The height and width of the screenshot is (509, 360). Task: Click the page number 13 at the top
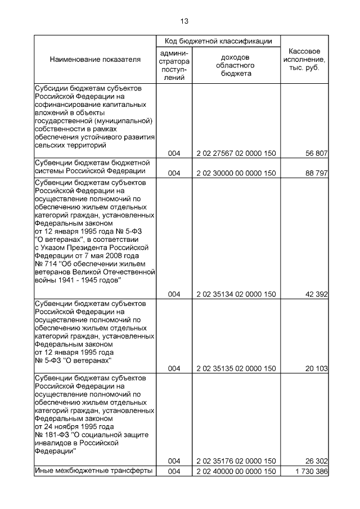[184, 21]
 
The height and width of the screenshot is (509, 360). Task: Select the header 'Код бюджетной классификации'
[218, 41]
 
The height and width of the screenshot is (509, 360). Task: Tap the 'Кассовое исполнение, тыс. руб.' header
[304, 59]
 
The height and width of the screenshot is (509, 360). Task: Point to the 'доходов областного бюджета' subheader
[236, 65]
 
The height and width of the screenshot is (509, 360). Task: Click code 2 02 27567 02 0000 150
[236, 153]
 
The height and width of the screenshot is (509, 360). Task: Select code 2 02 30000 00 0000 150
[236, 172]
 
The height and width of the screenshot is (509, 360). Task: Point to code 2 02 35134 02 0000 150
[236, 294]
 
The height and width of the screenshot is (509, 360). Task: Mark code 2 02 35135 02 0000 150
[236, 368]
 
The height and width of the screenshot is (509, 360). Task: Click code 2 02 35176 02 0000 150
[236, 461]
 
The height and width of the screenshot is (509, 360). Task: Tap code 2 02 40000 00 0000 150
[236, 471]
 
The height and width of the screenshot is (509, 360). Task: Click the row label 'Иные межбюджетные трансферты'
[93, 471]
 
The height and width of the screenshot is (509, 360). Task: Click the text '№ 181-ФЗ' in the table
[50, 435]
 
